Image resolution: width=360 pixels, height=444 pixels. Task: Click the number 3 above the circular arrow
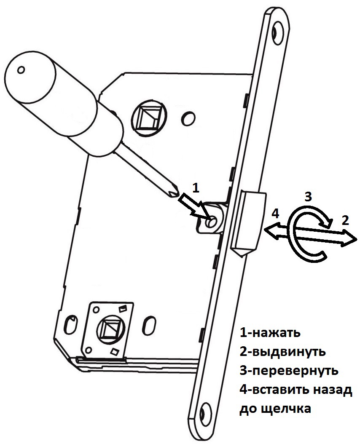(x=308, y=196)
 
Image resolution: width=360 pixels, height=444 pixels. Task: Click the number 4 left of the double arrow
(x=275, y=214)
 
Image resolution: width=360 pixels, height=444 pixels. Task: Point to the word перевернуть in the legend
(x=293, y=371)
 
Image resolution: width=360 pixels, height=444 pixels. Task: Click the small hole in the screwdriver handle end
(x=21, y=69)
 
